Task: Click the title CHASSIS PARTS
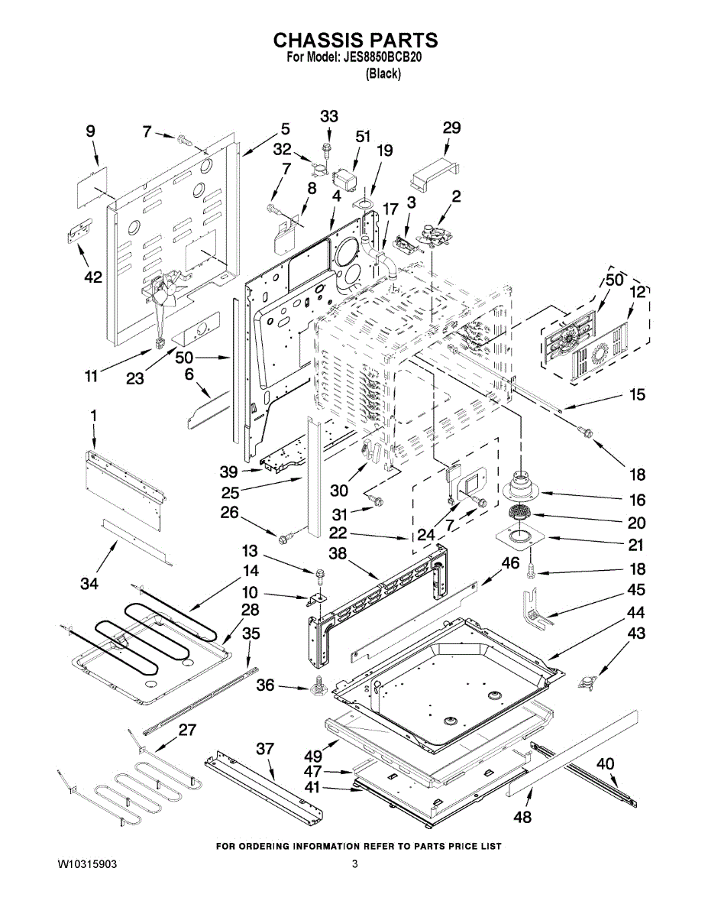coord(355,40)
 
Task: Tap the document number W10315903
coord(88,864)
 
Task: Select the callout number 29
coord(451,128)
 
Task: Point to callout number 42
coord(93,277)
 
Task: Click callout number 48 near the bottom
coord(522,817)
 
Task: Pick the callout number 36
coord(264,685)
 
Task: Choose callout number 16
coord(637,501)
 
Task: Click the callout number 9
coord(91,131)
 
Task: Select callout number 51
coord(363,136)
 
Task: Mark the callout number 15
coord(637,395)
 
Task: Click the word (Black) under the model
coord(384,73)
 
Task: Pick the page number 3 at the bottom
coord(354,864)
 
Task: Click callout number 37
coord(264,750)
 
